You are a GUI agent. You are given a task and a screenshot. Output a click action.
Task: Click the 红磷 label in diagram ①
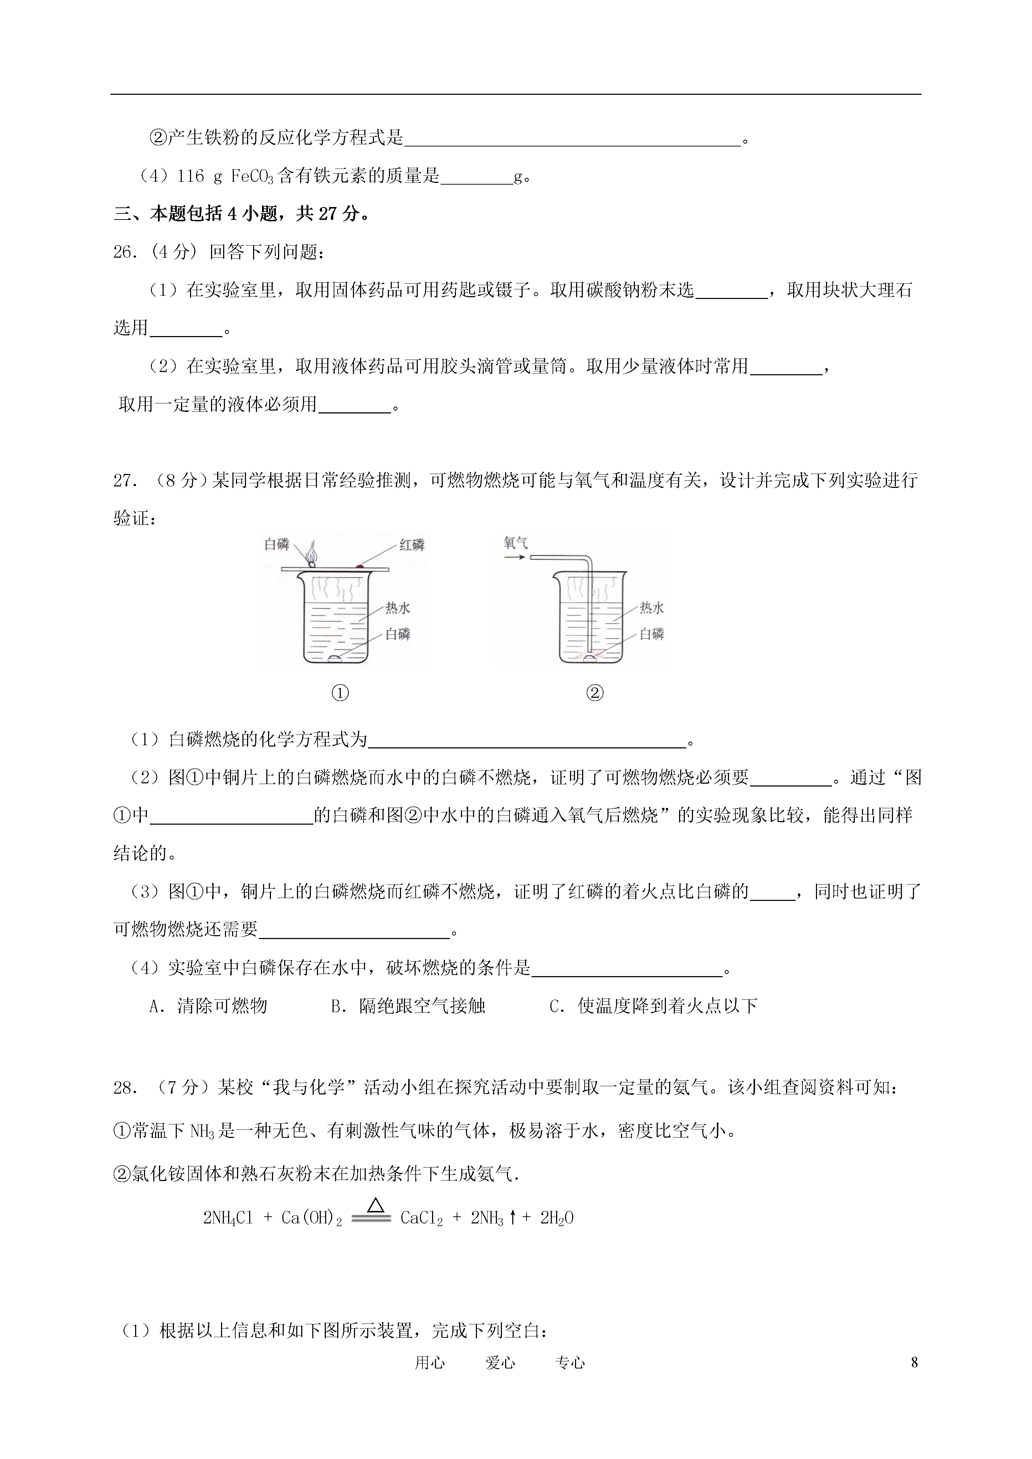(412, 545)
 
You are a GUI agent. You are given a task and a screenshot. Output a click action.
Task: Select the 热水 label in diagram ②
(651, 608)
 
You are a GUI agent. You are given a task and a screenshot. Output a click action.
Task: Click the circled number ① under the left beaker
(340, 693)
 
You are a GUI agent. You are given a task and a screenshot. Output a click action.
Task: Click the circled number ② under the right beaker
(594, 693)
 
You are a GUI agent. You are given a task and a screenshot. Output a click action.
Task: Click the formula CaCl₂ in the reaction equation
(421, 1218)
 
